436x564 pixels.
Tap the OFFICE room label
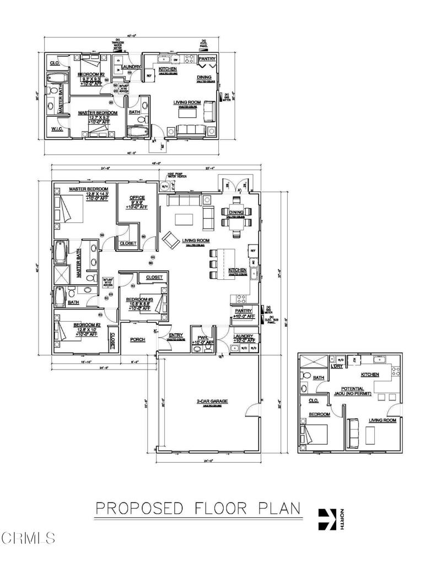(x=137, y=198)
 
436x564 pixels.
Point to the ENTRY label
(x=175, y=335)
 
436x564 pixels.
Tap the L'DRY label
(x=336, y=366)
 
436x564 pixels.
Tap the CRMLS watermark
(x=28, y=535)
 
